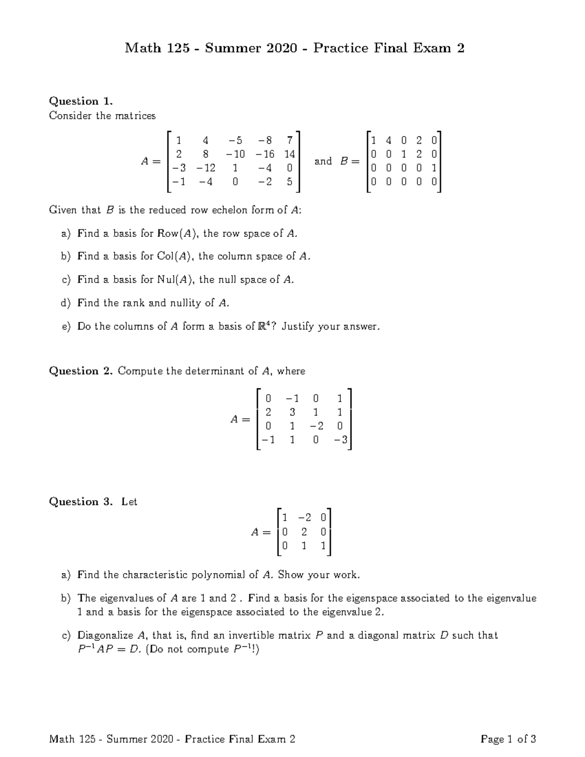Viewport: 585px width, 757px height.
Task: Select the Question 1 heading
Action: click(81, 101)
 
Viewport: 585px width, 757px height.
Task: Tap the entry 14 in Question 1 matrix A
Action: click(289, 154)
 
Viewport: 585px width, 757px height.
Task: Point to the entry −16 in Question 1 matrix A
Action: click(265, 154)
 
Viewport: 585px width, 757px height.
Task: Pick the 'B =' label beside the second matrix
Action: click(349, 161)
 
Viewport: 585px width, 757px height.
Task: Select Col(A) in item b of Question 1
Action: click(175, 256)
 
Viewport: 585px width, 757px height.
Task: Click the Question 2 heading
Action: click(81, 371)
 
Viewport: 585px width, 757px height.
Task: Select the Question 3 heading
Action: click(81, 502)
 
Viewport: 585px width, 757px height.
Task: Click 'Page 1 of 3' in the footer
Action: click(508, 739)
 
